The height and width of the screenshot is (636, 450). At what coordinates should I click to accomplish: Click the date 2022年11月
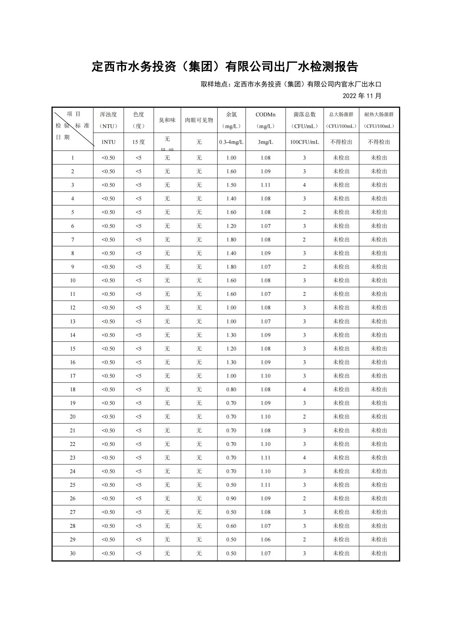click(362, 96)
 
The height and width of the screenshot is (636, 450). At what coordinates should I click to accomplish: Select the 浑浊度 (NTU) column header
click(108, 120)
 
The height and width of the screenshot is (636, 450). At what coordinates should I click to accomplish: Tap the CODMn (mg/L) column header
click(266, 120)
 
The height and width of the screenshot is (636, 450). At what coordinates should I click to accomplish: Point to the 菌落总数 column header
click(304, 120)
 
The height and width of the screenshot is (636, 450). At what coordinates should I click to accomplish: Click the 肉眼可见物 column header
click(199, 120)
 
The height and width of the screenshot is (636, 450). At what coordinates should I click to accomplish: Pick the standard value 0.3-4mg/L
click(231, 142)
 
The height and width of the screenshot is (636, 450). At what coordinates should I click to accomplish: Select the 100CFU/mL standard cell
click(304, 142)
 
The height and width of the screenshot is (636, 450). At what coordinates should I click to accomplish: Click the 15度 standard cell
click(138, 142)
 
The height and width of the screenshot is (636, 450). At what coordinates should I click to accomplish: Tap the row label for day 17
click(73, 376)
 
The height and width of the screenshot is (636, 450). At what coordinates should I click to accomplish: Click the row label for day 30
click(73, 553)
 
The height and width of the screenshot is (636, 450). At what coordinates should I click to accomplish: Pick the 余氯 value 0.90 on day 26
click(231, 498)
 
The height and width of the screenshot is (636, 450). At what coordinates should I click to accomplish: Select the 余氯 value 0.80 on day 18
click(231, 389)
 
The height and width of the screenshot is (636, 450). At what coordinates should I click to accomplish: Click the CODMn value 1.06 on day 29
click(266, 539)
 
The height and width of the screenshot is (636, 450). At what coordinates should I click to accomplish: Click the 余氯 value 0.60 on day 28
click(231, 526)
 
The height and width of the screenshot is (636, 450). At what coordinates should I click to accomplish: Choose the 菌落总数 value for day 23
click(304, 458)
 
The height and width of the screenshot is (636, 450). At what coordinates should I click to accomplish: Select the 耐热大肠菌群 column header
click(379, 120)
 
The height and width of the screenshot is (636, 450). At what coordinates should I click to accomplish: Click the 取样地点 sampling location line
click(291, 84)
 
